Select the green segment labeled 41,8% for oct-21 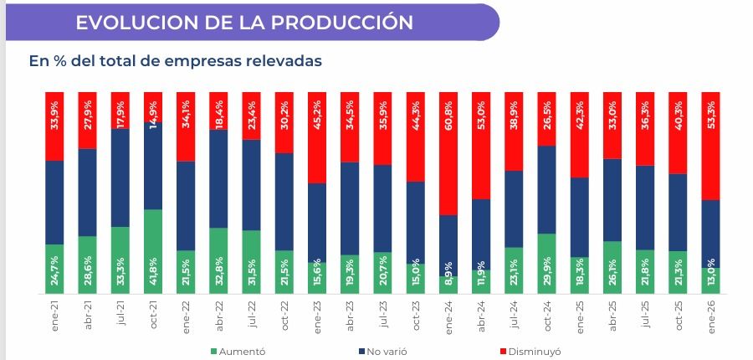click(153, 251)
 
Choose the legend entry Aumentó click(238, 352)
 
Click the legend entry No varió click(386, 352)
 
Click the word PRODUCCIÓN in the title click(341, 23)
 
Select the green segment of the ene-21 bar click(54, 269)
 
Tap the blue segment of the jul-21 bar click(120, 177)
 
